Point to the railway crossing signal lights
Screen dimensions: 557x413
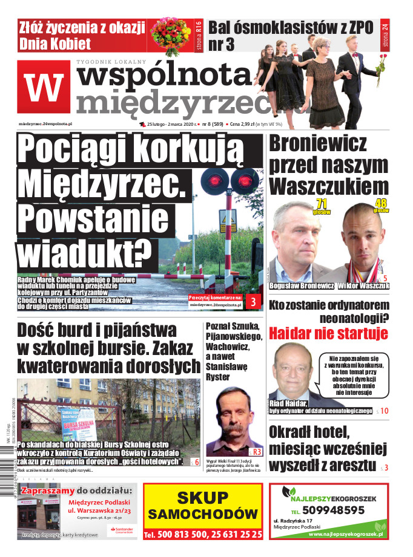click(227, 179)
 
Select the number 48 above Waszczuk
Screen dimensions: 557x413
click(381, 204)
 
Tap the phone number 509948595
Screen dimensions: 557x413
click(330, 510)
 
